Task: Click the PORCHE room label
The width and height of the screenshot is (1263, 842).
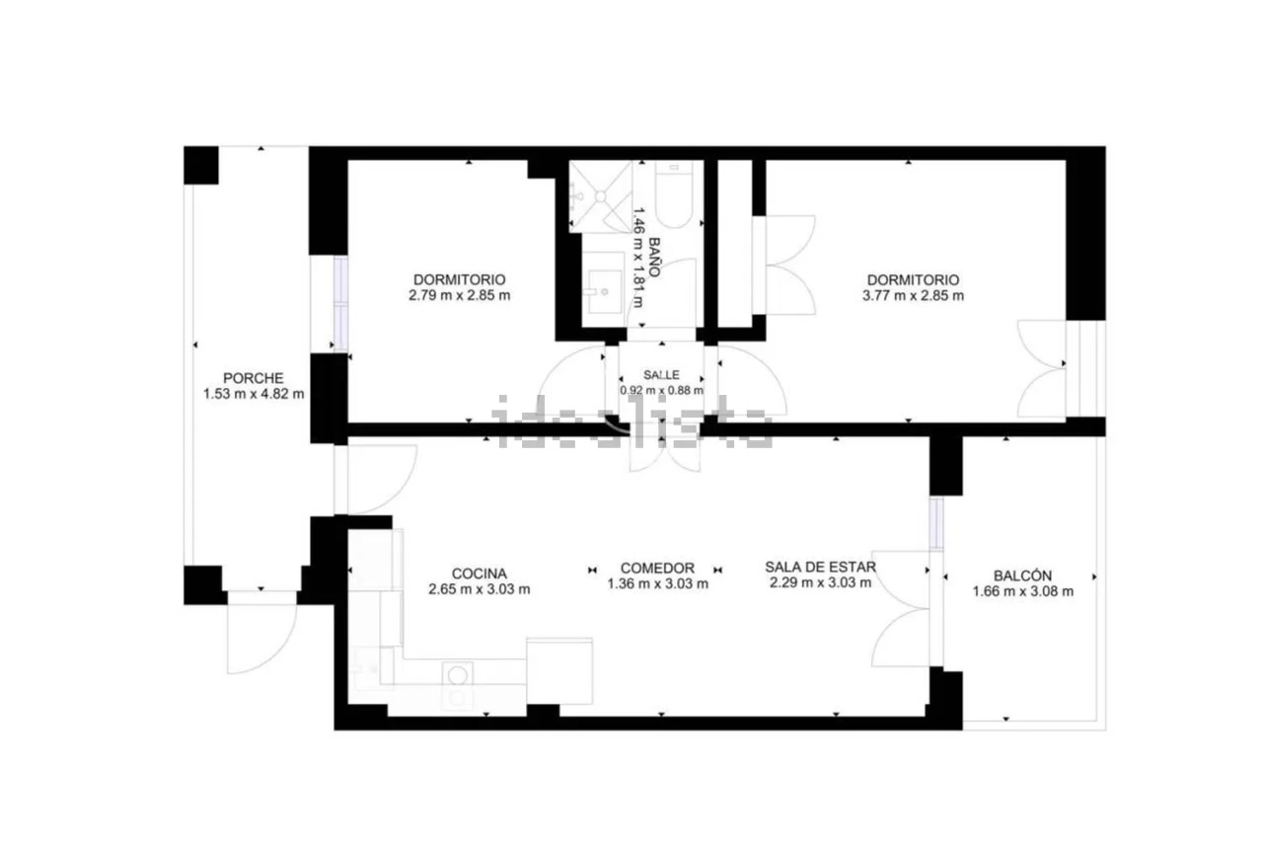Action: [x=254, y=378]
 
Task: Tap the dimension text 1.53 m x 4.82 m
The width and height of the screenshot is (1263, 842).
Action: [x=254, y=394]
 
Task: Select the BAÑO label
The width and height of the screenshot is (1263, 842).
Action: [x=654, y=257]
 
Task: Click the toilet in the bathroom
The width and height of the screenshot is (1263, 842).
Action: [x=674, y=194]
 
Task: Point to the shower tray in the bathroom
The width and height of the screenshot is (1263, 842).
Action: [x=601, y=196]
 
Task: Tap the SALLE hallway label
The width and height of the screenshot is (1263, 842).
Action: [x=661, y=374]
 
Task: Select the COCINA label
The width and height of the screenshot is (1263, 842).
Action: [x=480, y=574]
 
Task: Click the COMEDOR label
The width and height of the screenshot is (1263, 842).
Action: [x=657, y=568]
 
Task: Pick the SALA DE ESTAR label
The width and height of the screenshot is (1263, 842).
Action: [x=820, y=567]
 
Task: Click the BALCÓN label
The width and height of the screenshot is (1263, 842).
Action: [x=1023, y=575]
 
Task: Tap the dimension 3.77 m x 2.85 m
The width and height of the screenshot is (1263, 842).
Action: [x=913, y=295]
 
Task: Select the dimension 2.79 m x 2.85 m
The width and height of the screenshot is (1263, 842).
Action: [x=460, y=295]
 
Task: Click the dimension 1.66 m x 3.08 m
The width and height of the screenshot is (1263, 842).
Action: [x=1023, y=591]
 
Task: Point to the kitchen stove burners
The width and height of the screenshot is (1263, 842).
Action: [x=458, y=686]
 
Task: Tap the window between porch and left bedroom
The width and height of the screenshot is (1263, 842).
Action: [x=340, y=305]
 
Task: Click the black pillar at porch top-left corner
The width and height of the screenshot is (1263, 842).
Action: [x=201, y=165]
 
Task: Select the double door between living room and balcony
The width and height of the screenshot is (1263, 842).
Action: [x=901, y=608]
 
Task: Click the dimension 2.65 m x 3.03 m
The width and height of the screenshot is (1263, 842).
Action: [x=480, y=589]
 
